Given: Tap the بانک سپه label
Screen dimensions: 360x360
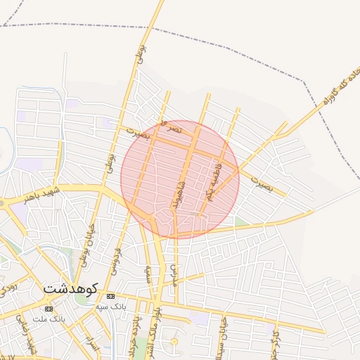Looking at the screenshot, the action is [111, 307].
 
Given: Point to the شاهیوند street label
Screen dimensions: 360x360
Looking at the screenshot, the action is [181, 193].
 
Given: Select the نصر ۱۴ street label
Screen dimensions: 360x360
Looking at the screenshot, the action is [171, 128].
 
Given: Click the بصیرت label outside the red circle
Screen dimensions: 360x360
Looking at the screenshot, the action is [262, 185].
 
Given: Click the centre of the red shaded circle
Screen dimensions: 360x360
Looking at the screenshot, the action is [180, 179].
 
